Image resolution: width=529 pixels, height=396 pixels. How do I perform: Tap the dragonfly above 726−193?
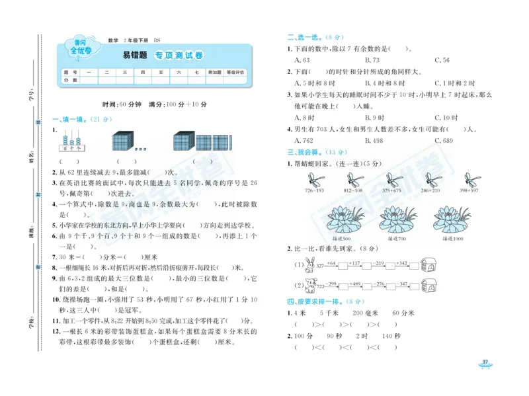point(315,179)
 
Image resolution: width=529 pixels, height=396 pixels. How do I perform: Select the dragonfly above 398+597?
point(471,179)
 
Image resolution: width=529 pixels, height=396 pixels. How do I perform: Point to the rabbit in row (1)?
point(308,266)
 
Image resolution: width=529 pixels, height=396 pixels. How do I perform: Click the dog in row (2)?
point(308,285)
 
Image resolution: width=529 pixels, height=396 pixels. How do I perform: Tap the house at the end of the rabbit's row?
point(428,264)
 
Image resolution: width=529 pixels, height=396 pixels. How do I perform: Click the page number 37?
point(485,361)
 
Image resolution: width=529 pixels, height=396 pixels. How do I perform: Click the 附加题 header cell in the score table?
point(214,72)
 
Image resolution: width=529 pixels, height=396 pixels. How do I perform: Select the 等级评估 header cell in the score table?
point(235,72)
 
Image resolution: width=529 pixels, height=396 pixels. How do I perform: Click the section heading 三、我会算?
point(302,152)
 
